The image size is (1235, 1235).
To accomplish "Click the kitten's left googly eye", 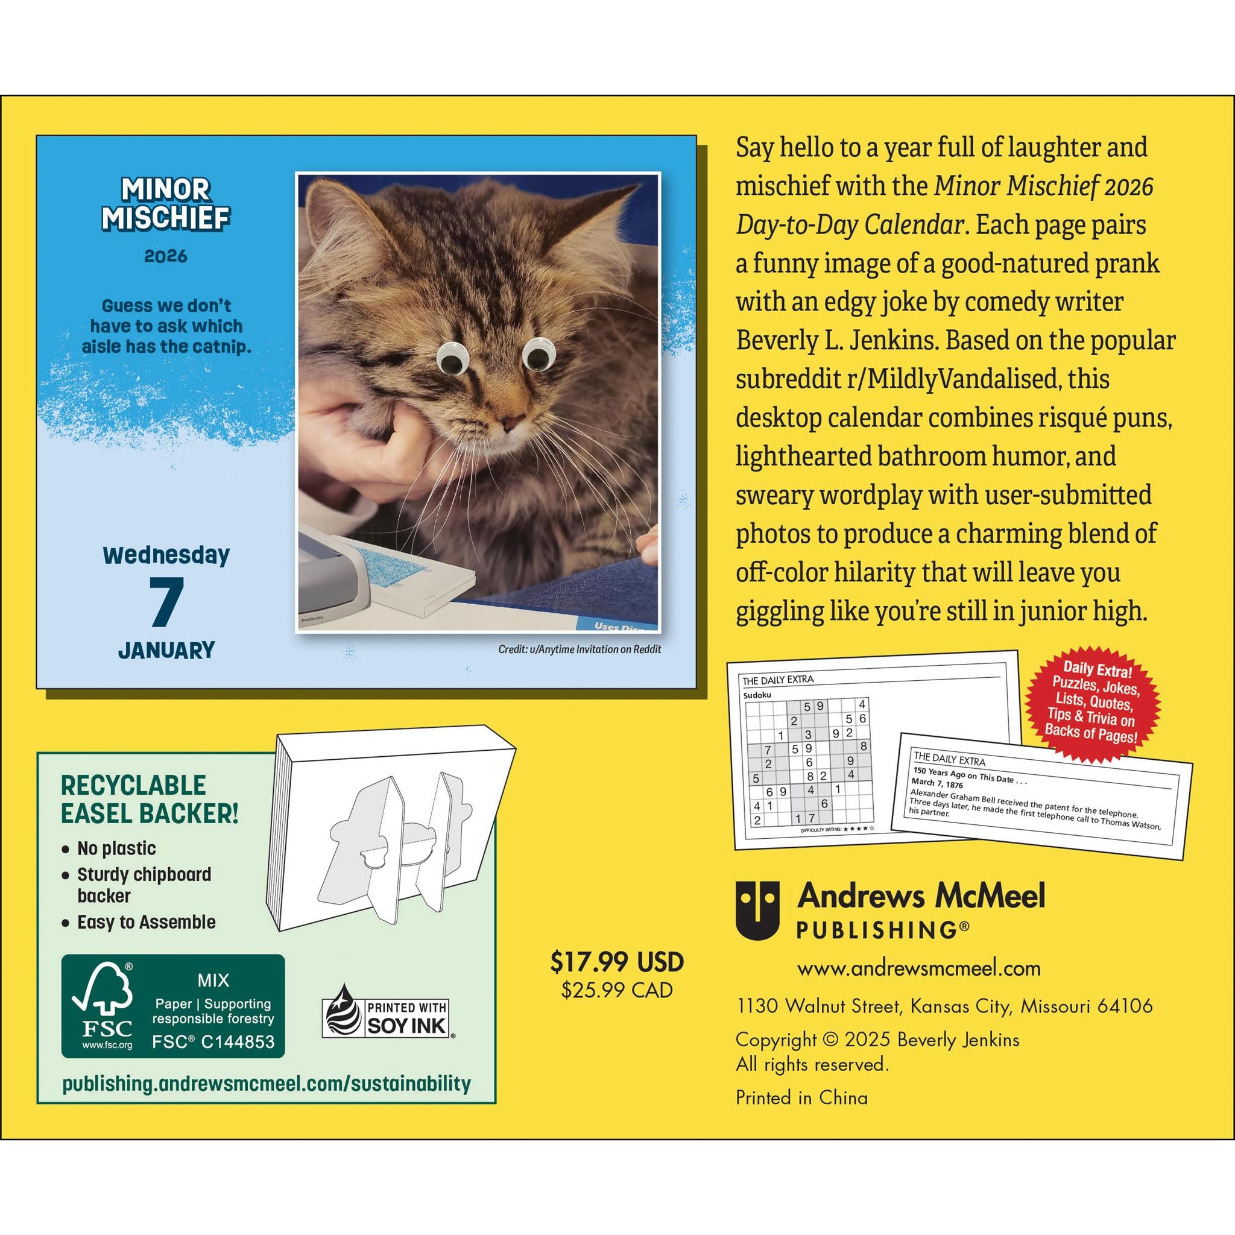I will click(x=451, y=359).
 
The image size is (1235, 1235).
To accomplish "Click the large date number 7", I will click(x=166, y=602).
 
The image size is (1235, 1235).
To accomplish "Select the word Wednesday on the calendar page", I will click(x=166, y=555).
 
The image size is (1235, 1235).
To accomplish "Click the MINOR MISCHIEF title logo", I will click(x=166, y=203).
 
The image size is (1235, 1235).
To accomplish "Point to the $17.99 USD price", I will click(x=617, y=962).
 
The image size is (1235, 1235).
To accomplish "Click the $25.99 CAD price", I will click(x=617, y=990).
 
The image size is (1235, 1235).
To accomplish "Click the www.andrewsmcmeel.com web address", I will click(x=918, y=968).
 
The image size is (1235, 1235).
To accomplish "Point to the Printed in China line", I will click(x=801, y=1098).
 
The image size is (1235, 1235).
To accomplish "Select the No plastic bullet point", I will click(x=116, y=848).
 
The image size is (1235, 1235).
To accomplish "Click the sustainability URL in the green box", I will click(x=267, y=1084).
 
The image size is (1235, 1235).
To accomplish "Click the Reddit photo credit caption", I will click(x=579, y=649).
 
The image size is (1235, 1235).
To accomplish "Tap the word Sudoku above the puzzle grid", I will click(x=757, y=695).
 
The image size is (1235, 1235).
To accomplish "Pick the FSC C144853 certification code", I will click(x=213, y=1042).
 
